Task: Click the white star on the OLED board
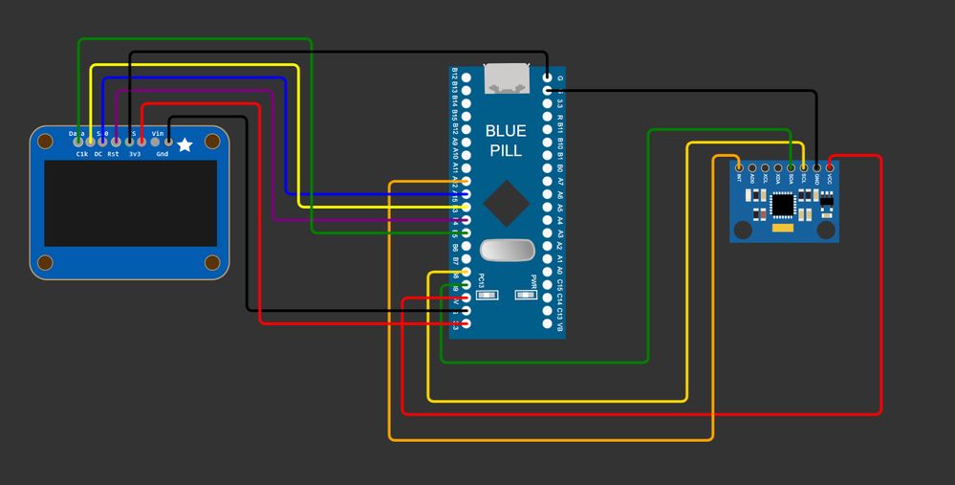click(184, 144)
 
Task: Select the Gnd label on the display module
click(163, 154)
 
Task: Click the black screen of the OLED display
click(130, 203)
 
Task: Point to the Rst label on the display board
click(114, 154)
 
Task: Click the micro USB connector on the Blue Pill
click(508, 78)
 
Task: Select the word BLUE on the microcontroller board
click(506, 131)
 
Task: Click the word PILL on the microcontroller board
click(506, 151)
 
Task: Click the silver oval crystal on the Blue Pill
click(507, 250)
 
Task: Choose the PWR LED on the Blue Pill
click(525, 295)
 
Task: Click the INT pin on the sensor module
click(739, 168)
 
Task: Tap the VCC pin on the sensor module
click(830, 168)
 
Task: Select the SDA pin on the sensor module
click(791, 168)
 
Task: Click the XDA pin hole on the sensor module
click(778, 168)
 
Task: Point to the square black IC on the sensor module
click(783, 204)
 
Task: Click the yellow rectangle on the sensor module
click(783, 229)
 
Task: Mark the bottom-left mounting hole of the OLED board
click(45, 263)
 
